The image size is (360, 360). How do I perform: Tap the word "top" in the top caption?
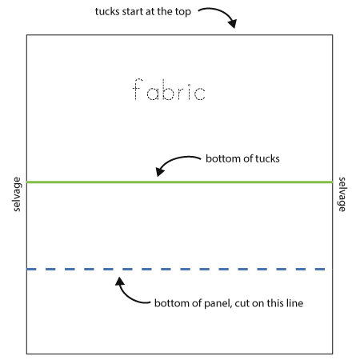tap(183, 12)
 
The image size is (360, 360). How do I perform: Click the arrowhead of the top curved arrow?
tap(233, 23)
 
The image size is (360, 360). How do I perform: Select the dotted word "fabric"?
tap(169, 90)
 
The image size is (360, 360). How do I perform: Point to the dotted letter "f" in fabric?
tap(138, 89)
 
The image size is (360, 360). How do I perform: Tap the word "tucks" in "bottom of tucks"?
tap(267, 158)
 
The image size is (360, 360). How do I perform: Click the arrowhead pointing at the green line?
tap(160, 171)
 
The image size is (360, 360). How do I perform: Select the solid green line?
tap(179, 182)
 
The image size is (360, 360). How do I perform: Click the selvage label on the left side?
tap(17, 194)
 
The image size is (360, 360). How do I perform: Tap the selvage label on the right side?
tap(342, 194)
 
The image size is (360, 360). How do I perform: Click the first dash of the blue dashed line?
tap(31, 270)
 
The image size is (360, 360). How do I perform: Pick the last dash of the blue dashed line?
tap(320, 270)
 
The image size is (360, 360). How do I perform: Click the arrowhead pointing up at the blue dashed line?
tap(120, 282)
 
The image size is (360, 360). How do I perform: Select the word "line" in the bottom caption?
tap(294, 303)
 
